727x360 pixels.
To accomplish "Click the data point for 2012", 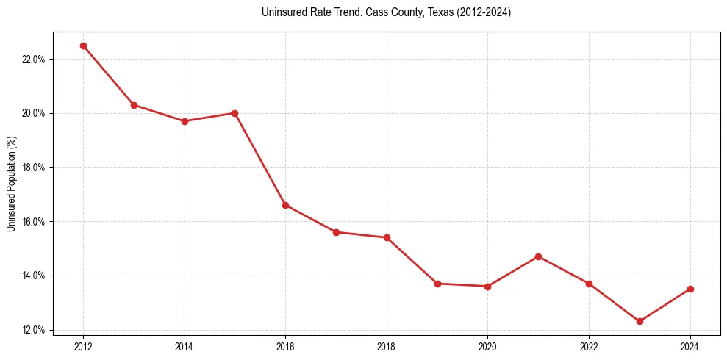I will (83, 46).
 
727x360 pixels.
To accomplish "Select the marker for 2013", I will (134, 105).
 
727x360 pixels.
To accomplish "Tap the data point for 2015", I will (234, 113).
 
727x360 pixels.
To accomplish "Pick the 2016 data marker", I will (285, 205).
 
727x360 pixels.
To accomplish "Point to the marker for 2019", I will (437, 284).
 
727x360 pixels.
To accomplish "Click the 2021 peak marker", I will (539, 256).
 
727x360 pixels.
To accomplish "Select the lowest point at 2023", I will (640, 321).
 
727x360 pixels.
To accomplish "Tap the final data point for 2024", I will (690, 289).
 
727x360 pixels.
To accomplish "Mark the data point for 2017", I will (336, 232).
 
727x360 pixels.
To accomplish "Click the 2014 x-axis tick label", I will (185, 345).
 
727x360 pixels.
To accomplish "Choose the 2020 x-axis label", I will (488, 345).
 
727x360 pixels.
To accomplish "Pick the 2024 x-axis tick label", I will (690, 345).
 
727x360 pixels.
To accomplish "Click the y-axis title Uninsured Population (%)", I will (11, 184).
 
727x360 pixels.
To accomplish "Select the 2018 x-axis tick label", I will (387, 345).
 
